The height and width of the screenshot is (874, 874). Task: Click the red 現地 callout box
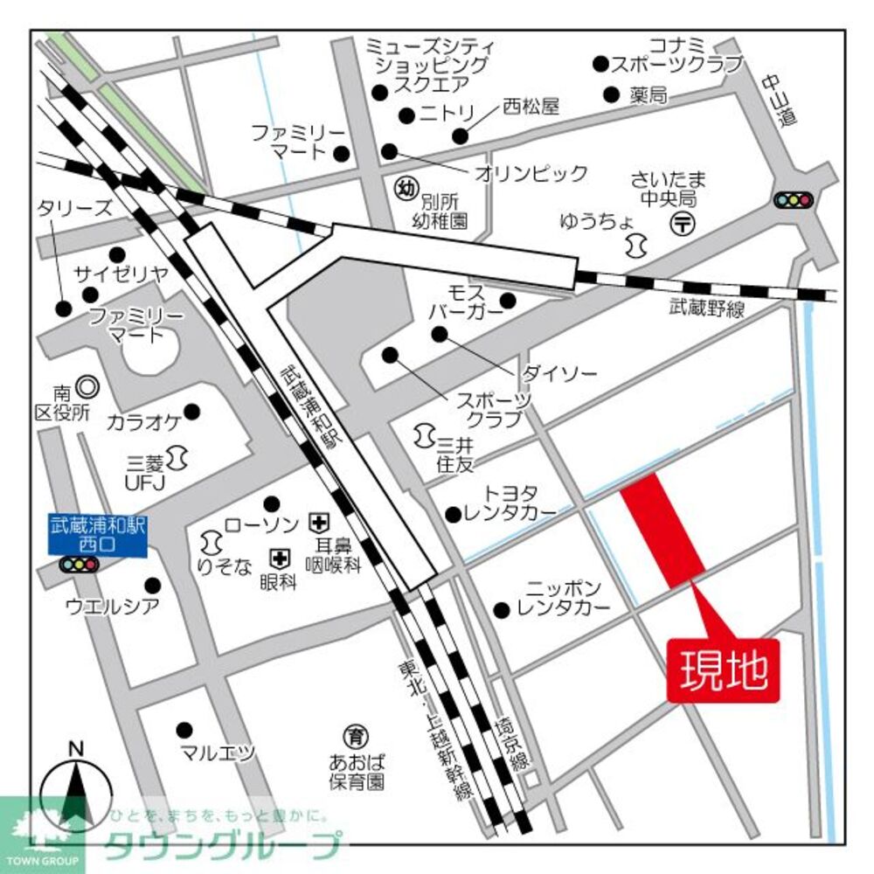(723, 672)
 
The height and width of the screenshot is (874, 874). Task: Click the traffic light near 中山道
(793, 200)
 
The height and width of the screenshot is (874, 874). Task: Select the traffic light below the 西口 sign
(77, 565)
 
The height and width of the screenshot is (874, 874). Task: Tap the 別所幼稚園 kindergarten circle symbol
(405, 187)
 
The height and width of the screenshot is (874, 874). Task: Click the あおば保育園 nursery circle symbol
(356, 733)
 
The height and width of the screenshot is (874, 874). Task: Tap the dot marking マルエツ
(184, 729)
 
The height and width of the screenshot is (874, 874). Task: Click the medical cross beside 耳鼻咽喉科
(317, 524)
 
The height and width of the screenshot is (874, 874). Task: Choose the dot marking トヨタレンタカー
(453, 514)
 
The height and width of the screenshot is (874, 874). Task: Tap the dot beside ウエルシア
(153, 585)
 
